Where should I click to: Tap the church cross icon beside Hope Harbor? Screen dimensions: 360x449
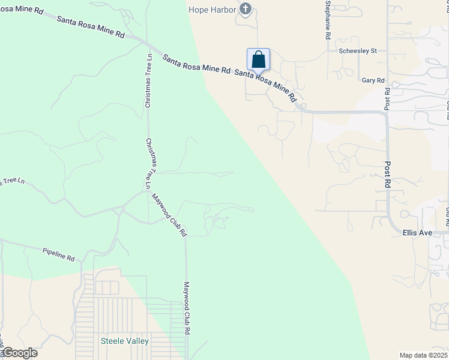tap(245, 9)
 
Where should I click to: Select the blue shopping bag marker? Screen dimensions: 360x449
tap(258, 60)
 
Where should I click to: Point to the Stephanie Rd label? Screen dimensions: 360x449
tap(328, 20)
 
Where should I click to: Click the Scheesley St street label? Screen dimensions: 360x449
tap(358, 51)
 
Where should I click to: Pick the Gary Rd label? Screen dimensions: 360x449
tap(373, 80)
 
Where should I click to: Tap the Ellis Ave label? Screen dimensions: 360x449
tap(418, 232)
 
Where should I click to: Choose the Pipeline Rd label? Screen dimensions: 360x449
tap(58, 254)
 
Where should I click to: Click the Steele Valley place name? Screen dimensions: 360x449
tap(124, 341)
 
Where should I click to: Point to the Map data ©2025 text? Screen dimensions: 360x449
tap(423, 355)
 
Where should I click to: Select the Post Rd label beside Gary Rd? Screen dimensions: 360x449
tap(387, 99)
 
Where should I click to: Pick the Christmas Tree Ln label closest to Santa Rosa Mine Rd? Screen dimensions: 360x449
tap(148, 80)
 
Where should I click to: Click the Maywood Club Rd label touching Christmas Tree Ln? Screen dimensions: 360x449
tap(169, 214)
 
